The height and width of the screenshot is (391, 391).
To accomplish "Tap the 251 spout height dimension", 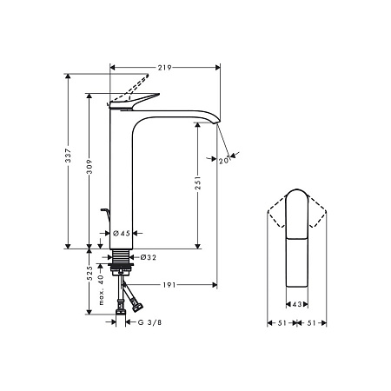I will (x=198, y=185).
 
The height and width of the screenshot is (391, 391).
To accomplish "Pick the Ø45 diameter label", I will (x=122, y=233).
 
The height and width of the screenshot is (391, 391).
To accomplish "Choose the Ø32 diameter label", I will (x=147, y=257).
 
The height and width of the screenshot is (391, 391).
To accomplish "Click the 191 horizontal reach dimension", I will (x=169, y=284).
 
